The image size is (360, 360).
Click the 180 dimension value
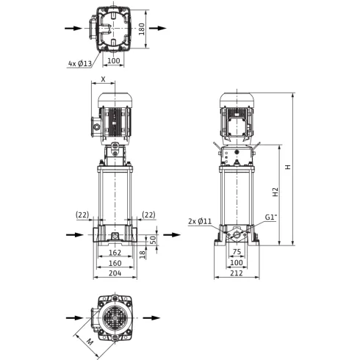[x=142, y=29]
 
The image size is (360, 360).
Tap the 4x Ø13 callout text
[x=80, y=64]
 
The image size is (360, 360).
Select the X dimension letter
[x=104, y=79]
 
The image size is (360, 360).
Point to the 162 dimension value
[x=115, y=252]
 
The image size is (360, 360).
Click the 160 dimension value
[x=115, y=263]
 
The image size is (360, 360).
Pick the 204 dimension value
[x=115, y=273]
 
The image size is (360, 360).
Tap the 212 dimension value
[x=237, y=273]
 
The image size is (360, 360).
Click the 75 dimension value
[x=237, y=252]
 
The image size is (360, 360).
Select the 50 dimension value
[x=153, y=240]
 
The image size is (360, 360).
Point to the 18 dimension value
[x=143, y=254]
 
